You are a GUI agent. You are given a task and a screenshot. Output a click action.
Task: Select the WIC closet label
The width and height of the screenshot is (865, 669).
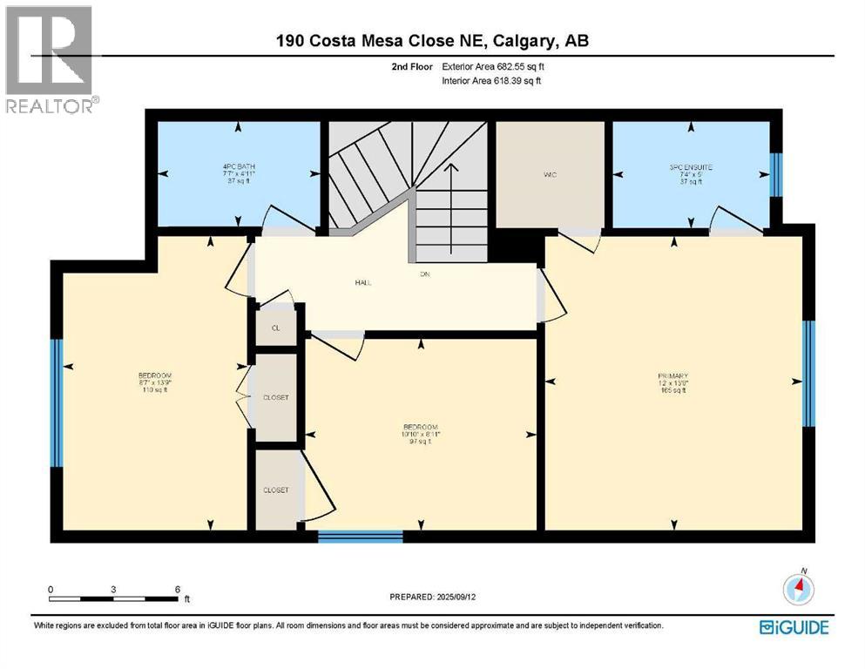[550, 175]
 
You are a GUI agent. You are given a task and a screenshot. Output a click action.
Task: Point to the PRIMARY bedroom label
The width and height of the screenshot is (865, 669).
[672, 377]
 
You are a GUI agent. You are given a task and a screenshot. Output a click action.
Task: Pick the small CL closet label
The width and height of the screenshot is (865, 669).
[275, 328]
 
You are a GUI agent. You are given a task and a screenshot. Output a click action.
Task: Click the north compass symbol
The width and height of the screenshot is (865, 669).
[798, 590]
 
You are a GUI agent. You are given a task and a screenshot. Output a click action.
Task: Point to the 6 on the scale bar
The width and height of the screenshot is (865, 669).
[177, 589]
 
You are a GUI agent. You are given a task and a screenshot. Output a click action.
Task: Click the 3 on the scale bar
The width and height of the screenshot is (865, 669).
[114, 589]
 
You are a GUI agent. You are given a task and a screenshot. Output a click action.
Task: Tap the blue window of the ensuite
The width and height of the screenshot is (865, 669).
[775, 177]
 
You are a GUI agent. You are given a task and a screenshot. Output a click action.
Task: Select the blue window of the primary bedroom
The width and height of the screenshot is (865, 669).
[808, 373]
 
